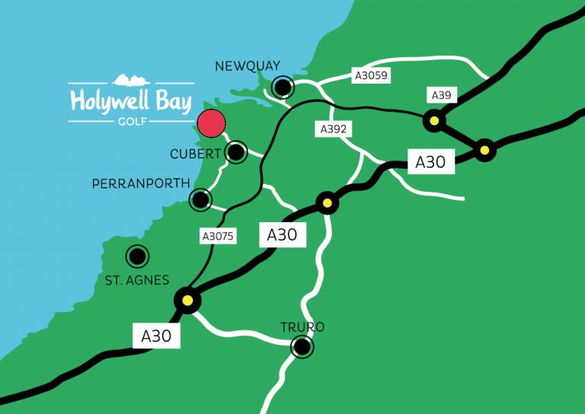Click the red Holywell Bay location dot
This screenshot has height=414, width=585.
(211, 124)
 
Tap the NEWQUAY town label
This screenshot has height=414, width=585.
(248, 66)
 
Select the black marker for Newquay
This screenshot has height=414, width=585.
(284, 88)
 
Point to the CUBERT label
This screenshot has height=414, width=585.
(195, 154)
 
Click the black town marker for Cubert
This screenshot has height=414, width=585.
(236, 152)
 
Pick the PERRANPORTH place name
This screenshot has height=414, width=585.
(139, 184)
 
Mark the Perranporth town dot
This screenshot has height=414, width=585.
(200, 199)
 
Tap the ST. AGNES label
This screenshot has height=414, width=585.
(137, 280)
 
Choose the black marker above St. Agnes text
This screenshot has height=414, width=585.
(137, 256)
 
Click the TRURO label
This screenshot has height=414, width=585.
(302, 327)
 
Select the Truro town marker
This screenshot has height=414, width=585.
(302, 348)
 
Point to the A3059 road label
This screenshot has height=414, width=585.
(371, 75)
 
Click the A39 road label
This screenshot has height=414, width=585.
(441, 95)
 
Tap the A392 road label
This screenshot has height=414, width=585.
(333, 129)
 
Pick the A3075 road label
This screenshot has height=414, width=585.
(219, 237)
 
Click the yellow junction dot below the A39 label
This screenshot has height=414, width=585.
(434, 119)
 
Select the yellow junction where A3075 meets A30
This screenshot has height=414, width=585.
(187, 300)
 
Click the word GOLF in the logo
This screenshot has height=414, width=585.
(130, 120)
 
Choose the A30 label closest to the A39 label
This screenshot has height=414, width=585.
(430, 161)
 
